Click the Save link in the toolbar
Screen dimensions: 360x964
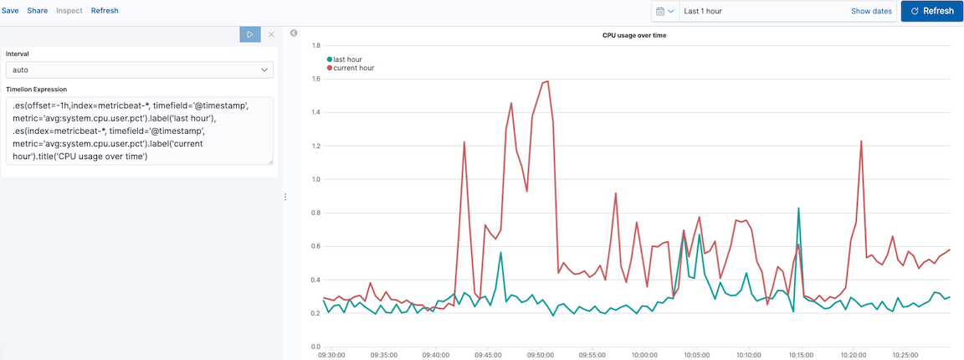(10, 11)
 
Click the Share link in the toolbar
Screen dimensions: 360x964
(37, 11)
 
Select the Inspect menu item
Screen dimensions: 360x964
(69, 11)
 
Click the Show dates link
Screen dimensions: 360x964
(871, 11)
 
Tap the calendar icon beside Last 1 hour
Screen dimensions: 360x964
(664, 11)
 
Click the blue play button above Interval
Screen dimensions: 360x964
(250, 34)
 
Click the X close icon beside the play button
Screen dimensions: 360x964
(271, 34)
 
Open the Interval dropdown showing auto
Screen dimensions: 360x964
(139, 70)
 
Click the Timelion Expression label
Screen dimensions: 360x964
(36, 89)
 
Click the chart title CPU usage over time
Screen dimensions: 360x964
(634, 35)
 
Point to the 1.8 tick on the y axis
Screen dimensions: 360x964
(316, 45)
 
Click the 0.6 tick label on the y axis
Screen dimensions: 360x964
(316, 246)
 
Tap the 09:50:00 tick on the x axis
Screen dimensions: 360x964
(541, 355)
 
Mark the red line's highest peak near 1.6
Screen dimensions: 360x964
(547, 81)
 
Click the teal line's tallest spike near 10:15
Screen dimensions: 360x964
(799, 208)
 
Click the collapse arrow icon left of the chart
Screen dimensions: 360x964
(294, 33)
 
